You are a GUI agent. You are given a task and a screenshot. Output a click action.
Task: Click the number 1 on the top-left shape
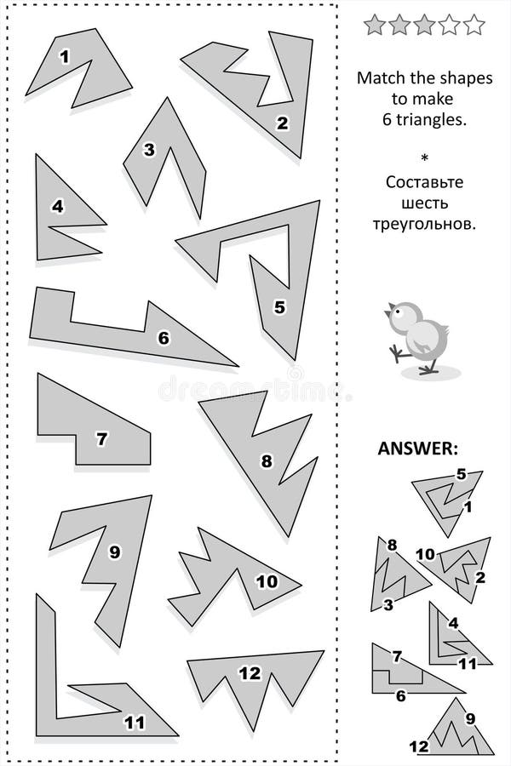65,58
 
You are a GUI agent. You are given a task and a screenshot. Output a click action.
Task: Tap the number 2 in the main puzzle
282,123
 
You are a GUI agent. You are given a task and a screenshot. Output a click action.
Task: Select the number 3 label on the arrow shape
149,151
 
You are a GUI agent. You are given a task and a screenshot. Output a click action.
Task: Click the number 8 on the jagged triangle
267,461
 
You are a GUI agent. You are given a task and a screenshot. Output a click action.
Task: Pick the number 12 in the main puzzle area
249,673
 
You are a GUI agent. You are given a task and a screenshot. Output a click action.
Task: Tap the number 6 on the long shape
164,337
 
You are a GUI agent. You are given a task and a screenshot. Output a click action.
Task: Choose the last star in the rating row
474,26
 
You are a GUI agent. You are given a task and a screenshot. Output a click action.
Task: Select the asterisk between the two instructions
423,157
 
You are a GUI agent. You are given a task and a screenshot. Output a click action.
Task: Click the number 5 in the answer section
461,475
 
